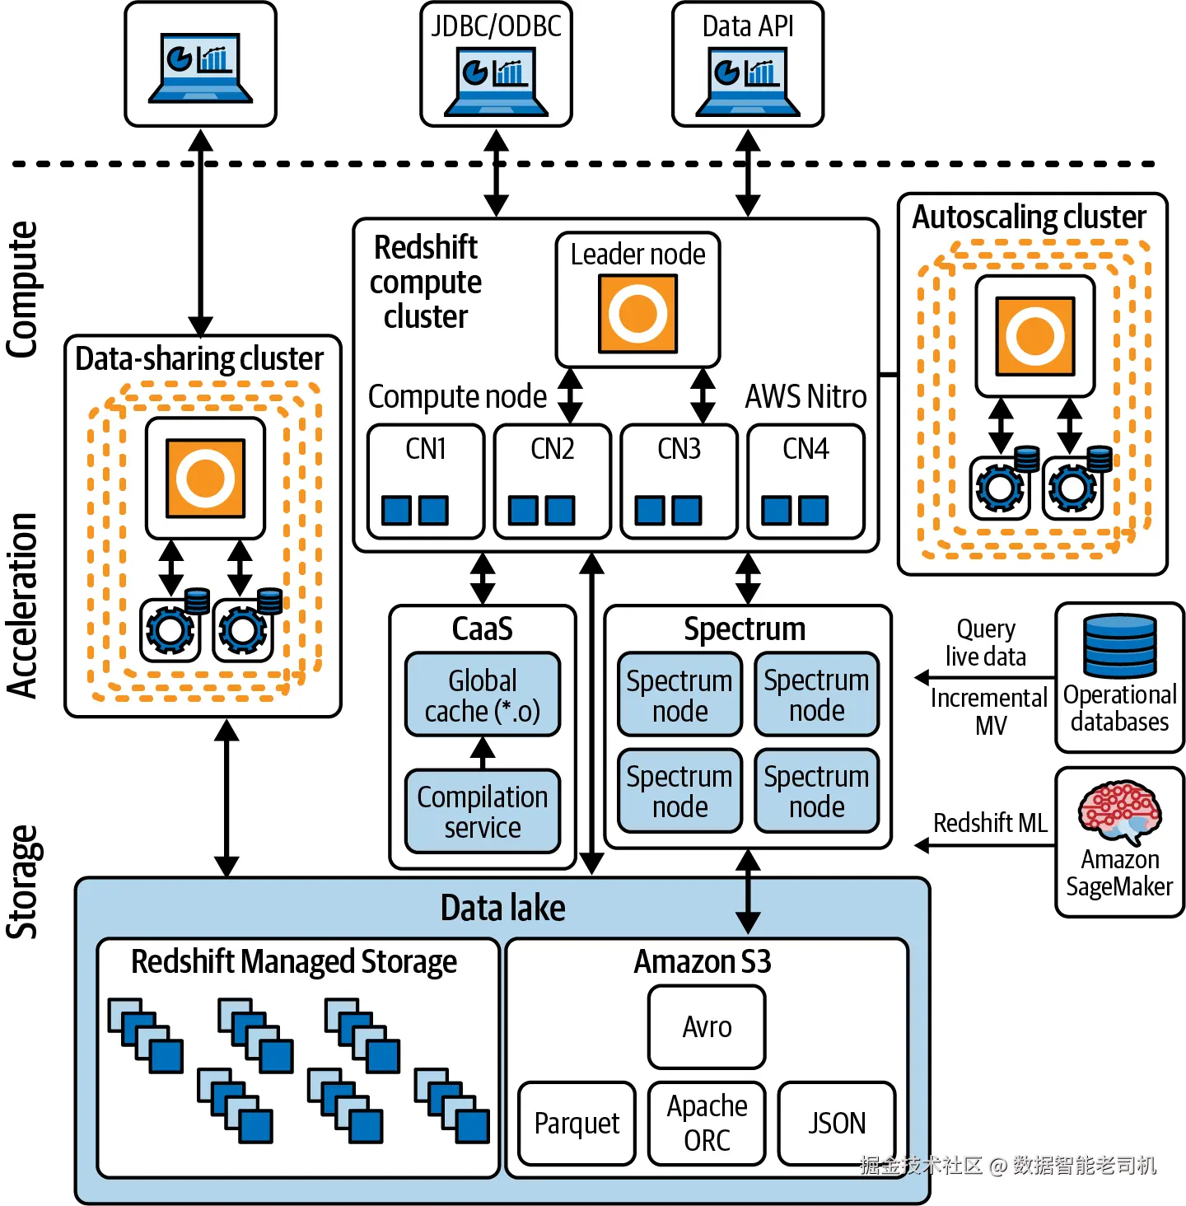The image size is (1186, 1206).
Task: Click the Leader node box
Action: (637, 299)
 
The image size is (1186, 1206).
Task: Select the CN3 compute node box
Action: (679, 481)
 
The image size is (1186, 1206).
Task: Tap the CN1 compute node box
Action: (425, 481)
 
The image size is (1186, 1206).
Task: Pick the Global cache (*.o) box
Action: (483, 694)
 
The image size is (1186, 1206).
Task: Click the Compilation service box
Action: (483, 811)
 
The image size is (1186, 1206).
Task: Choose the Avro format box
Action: (707, 1026)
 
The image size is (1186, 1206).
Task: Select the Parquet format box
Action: (577, 1123)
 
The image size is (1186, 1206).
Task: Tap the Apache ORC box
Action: (707, 1123)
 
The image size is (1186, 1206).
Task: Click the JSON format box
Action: (836, 1123)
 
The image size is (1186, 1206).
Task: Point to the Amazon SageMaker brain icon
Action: (1120, 811)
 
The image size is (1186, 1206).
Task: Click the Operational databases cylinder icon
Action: (1120, 647)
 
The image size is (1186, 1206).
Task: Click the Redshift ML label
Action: (990, 822)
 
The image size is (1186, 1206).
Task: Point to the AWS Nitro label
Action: (805, 396)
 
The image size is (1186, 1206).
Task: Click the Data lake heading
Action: (502, 908)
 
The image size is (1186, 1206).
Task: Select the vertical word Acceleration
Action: (23, 605)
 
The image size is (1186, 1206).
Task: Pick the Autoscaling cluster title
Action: (1029, 217)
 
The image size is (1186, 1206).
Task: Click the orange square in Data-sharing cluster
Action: (205, 478)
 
